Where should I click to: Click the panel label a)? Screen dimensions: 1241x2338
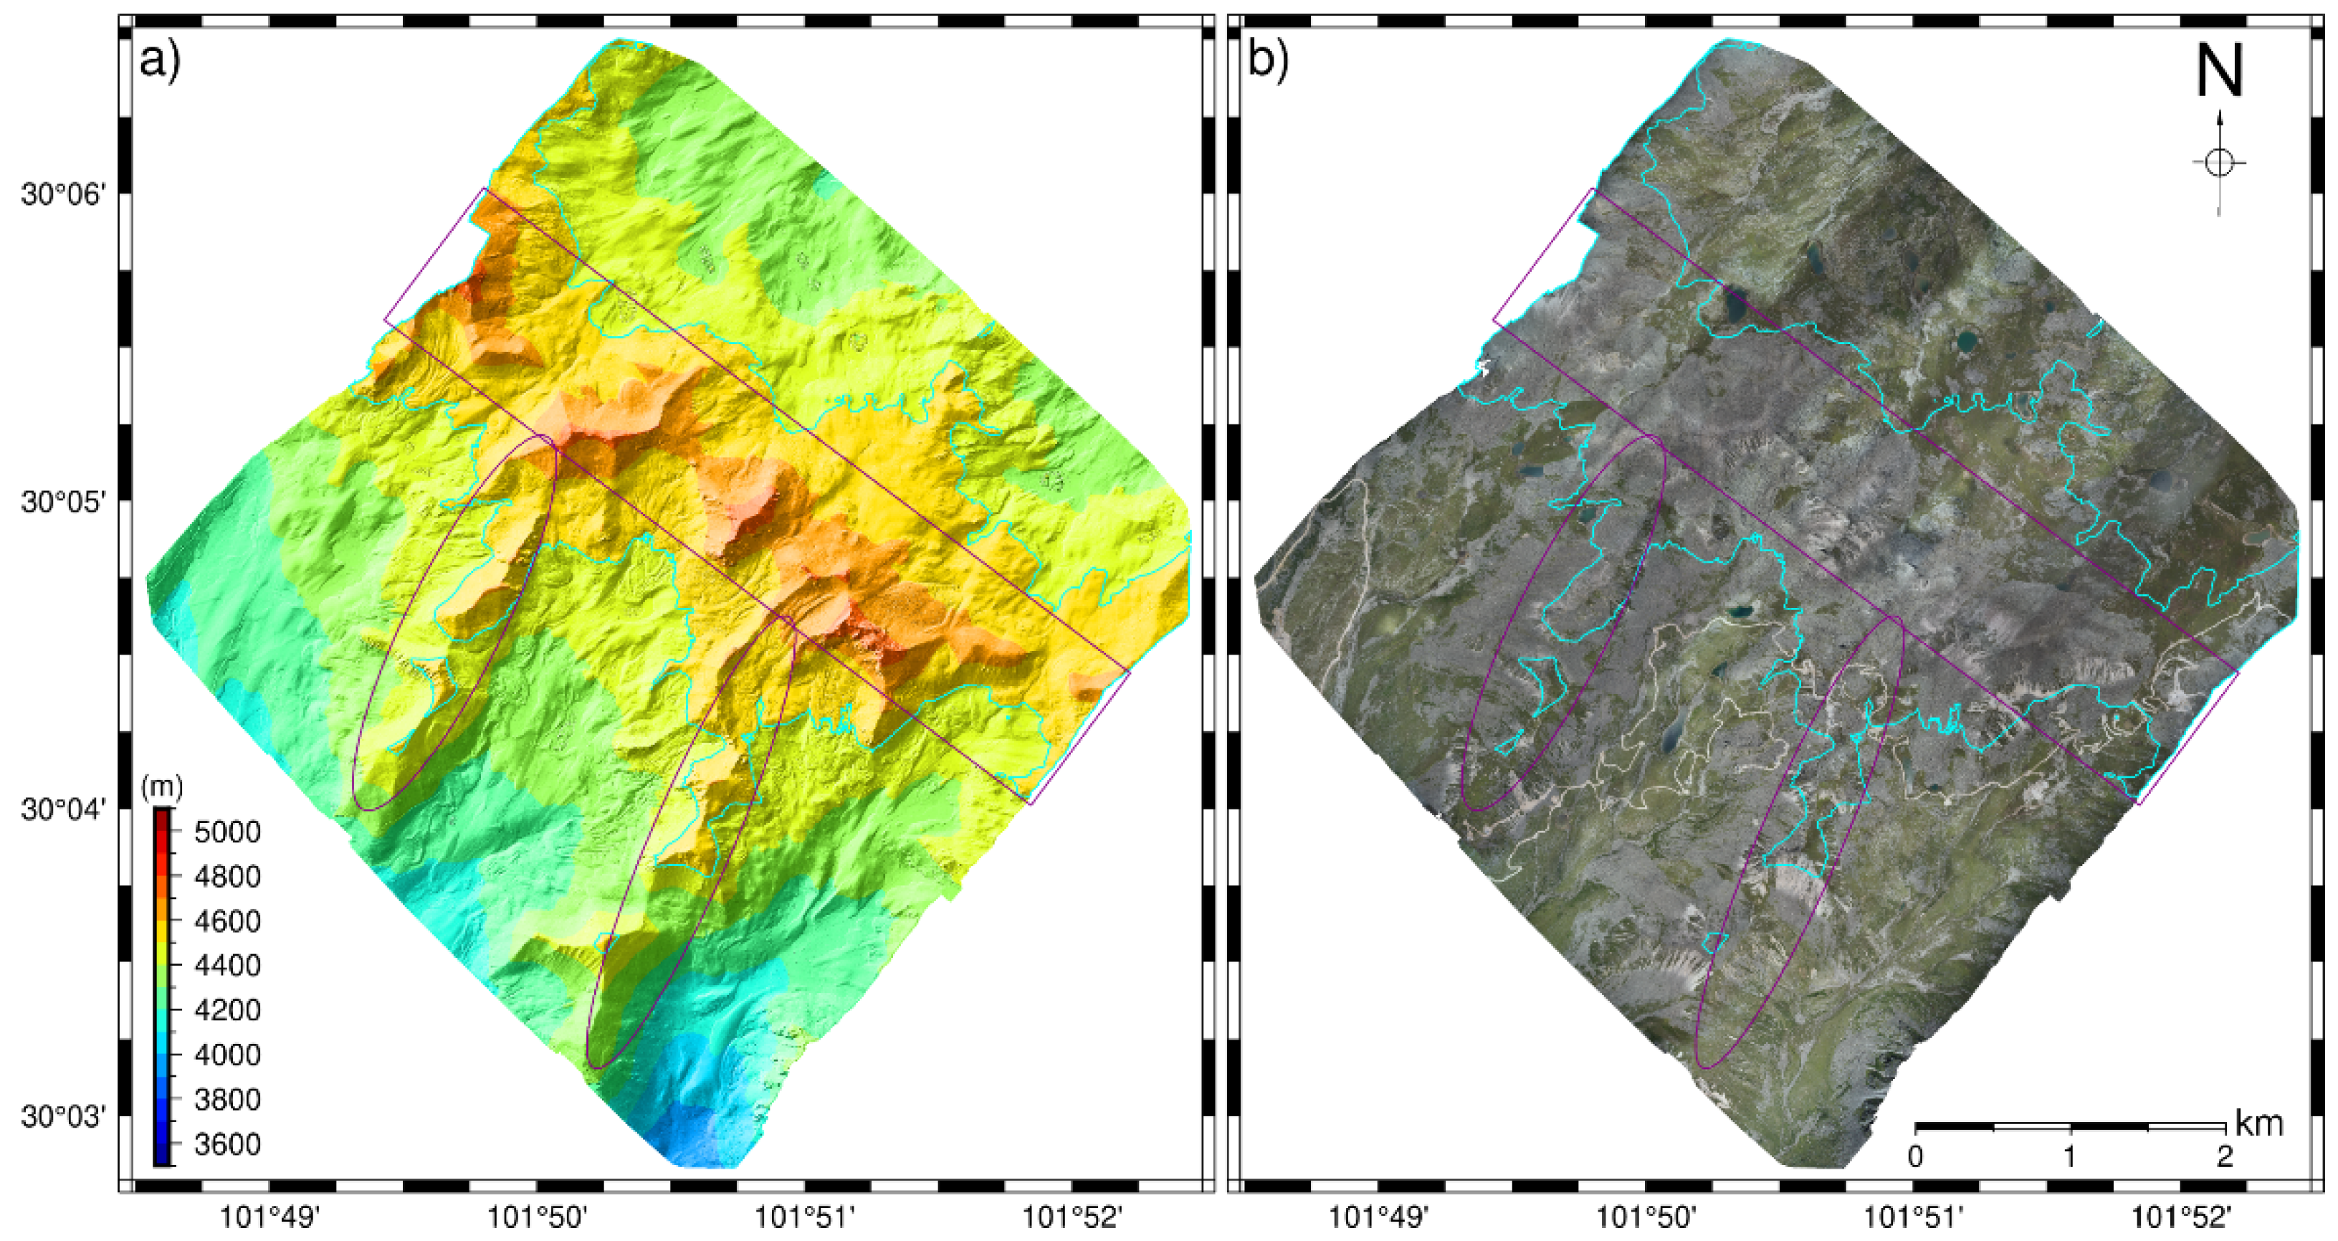[161, 62]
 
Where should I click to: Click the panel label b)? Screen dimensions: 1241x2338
[1269, 62]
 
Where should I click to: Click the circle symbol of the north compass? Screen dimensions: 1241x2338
[2219, 163]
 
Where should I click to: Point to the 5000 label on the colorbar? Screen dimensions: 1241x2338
[227, 832]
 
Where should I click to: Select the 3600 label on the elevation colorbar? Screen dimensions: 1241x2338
[227, 1145]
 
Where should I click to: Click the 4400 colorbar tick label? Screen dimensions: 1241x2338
[227, 965]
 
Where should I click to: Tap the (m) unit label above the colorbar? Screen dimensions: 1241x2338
[163, 788]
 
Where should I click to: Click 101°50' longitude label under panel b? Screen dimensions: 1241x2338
[1646, 1217]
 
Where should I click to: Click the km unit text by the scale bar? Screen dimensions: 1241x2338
[2258, 1124]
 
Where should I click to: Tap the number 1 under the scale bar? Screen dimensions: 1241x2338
[2069, 1158]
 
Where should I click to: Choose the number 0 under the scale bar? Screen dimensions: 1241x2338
[1915, 1158]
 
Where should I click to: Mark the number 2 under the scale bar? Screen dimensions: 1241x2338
[2223, 1158]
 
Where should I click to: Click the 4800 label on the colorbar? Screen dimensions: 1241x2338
[227, 877]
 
